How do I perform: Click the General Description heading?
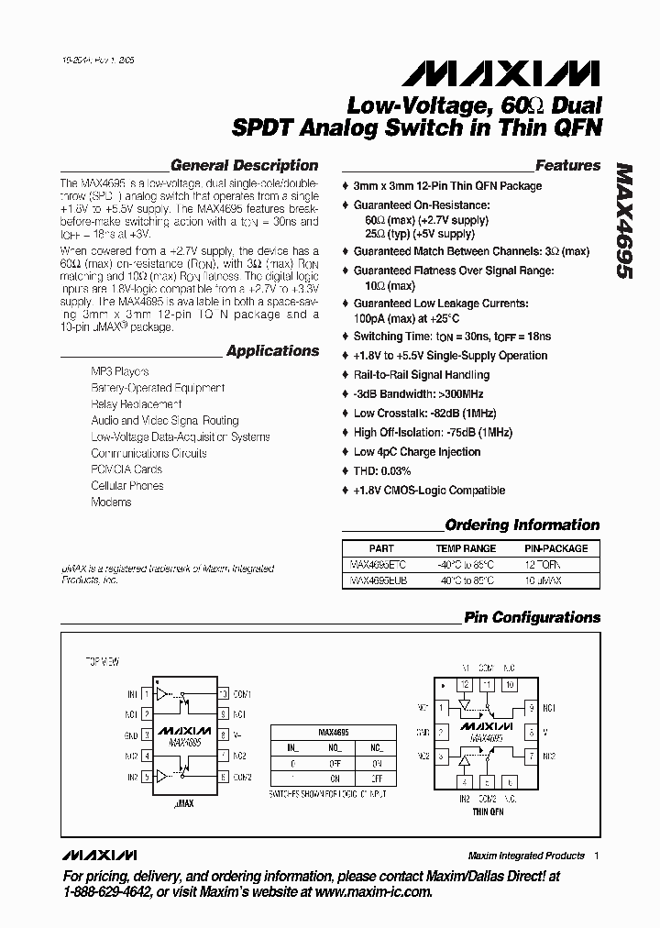244,166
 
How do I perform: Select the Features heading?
567,166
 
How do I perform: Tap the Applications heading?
272,350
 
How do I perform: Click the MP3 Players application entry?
119,371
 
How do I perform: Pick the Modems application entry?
111,503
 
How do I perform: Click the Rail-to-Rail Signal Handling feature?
422,374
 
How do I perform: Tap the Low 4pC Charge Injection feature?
417,452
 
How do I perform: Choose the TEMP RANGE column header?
465,548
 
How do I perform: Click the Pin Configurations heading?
532,617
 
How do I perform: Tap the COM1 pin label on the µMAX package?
242,694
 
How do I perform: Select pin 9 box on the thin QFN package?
531,707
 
